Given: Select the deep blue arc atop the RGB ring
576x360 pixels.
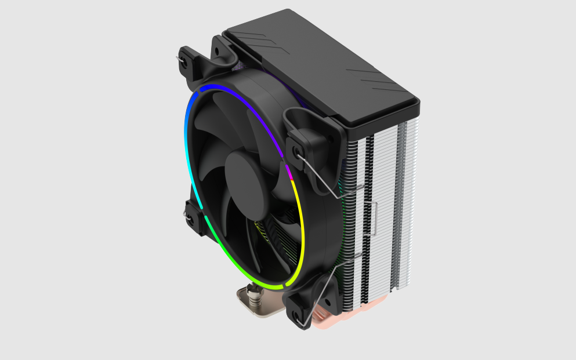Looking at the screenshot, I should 232,93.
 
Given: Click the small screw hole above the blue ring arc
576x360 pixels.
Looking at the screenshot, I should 218,51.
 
